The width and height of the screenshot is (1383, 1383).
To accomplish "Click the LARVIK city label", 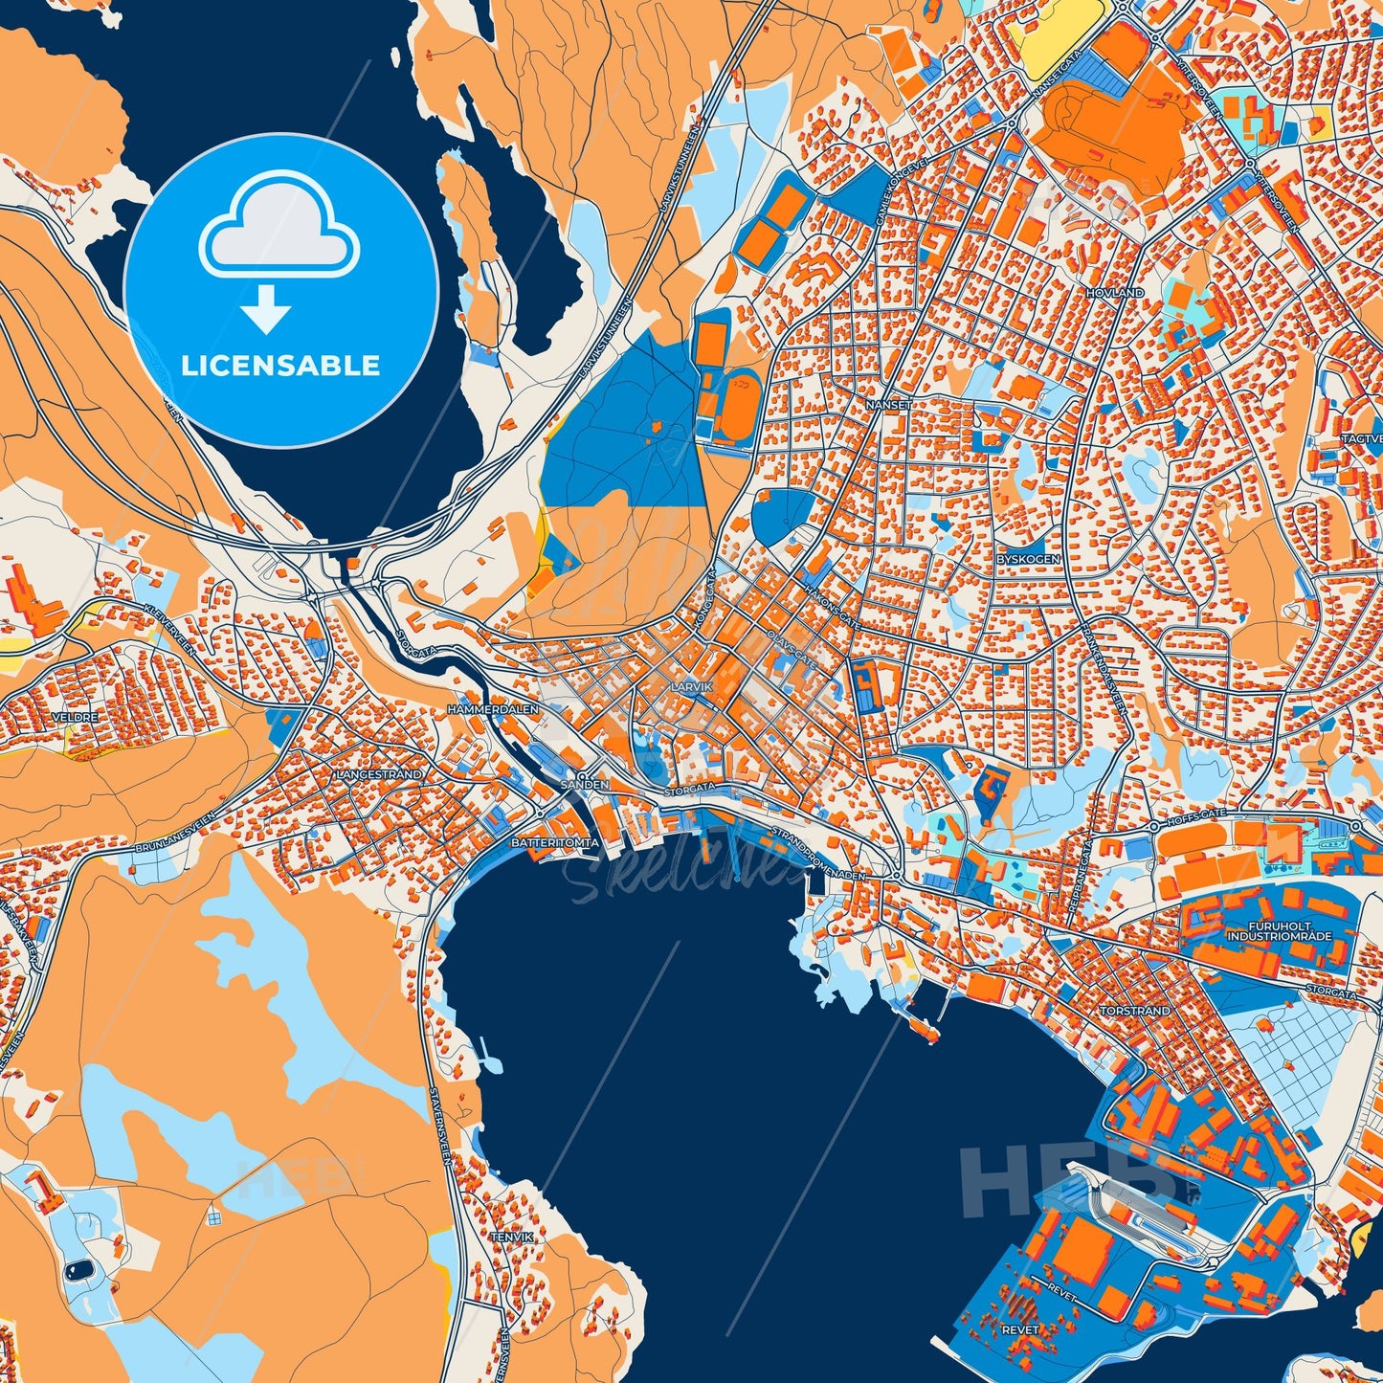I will (692, 687).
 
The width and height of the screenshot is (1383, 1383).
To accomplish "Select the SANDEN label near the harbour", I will (584, 784).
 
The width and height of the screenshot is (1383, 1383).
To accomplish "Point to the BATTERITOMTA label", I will (555, 842).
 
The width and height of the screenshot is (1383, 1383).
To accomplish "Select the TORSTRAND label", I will (1133, 1010).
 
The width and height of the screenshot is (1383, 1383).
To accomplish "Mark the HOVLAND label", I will (1115, 292).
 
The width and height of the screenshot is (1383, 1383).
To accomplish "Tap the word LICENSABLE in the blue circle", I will (281, 366).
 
